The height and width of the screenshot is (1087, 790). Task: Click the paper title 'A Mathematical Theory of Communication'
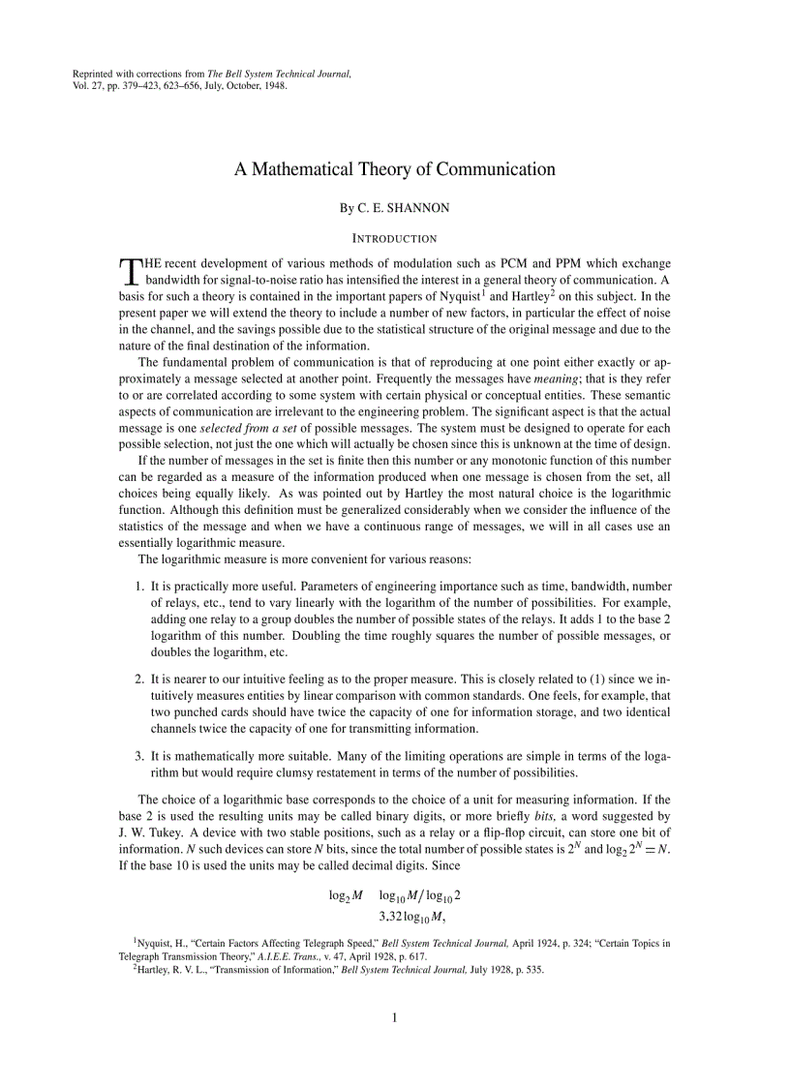click(x=395, y=169)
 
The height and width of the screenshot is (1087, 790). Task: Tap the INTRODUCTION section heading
click(x=394, y=238)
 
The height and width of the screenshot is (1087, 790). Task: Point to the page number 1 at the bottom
click(x=395, y=1017)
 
